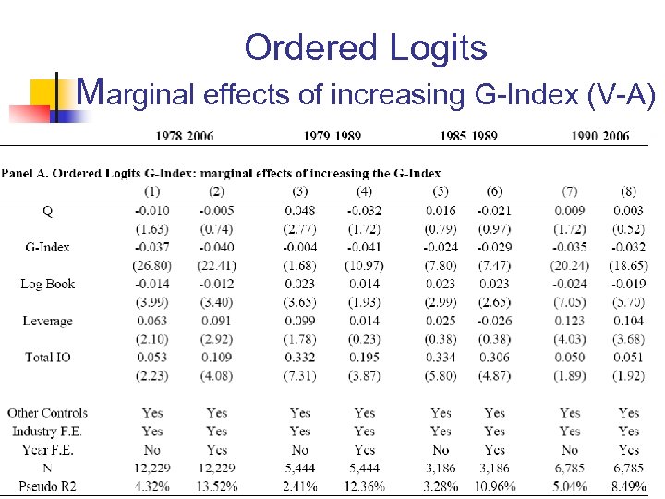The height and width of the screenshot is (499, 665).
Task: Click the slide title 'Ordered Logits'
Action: coord(365,48)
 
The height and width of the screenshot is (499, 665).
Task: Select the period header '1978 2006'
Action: coord(184,136)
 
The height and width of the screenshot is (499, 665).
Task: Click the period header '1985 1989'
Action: coord(468,136)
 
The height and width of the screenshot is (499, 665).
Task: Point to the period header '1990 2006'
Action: coord(600,136)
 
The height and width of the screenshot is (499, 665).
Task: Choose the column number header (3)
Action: coord(300,192)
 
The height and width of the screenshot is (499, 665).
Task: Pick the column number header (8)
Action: coord(629,192)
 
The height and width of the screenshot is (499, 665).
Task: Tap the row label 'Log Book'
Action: coord(47,284)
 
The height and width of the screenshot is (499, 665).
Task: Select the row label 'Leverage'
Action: coord(47,321)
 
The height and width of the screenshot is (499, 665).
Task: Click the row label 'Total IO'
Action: coord(47,357)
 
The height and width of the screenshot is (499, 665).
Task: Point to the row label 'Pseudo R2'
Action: coord(48,486)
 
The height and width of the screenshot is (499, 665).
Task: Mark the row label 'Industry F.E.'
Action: coord(47,432)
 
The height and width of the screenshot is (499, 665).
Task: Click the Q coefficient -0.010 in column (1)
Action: coord(151,211)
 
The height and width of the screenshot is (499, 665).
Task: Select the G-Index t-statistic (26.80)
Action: coord(151,266)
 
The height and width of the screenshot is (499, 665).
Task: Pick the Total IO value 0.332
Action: coord(300,357)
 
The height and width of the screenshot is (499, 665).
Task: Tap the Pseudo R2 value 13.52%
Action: coord(216,486)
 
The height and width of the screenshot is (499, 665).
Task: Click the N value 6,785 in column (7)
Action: coord(570,469)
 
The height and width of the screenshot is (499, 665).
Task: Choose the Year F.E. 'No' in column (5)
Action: coord(441,450)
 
